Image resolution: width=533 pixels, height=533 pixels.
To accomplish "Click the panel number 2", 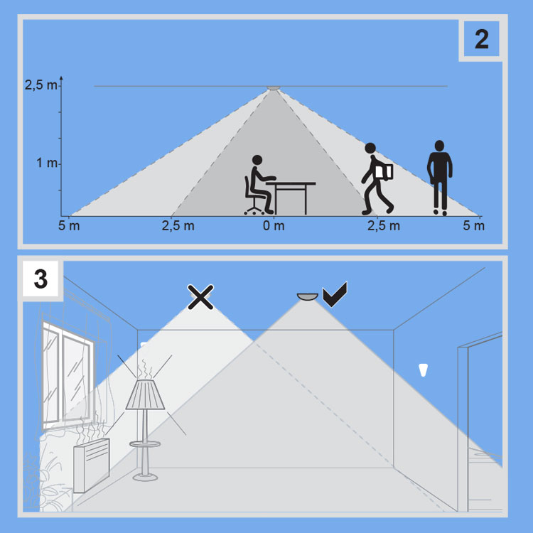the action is (x=482, y=39).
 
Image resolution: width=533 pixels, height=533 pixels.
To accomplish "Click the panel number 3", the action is (x=41, y=279).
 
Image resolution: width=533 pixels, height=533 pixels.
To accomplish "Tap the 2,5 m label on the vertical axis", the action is (x=41, y=85).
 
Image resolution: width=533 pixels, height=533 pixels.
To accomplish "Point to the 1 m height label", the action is (x=47, y=163).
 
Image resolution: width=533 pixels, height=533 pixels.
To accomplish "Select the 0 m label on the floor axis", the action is (x=274, y=226).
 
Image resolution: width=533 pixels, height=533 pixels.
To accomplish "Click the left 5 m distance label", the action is (x=69, y=226).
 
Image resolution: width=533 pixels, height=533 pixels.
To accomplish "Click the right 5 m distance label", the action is (x=474, y=226).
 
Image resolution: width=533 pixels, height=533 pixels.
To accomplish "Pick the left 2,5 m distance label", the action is (x=178, y=226).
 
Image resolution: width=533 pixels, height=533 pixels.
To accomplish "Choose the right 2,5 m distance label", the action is (x=384, y=226).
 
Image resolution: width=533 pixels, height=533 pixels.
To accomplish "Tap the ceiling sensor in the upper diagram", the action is (x=274, y=88).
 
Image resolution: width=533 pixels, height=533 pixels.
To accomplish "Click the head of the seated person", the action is (x=257, y=160).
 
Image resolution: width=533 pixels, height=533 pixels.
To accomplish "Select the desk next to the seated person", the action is (x=291, y=198).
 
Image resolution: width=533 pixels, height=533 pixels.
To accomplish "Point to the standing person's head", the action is (x=439, y=146).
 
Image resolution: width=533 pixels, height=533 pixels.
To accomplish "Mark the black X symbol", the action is (x=200, y=297).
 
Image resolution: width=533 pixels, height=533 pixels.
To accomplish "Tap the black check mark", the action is (x=335, y=294).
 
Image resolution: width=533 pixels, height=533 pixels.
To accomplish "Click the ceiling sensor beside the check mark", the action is (x=308, y=297).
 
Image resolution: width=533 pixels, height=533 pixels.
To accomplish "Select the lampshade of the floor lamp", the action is (x=145, y=394).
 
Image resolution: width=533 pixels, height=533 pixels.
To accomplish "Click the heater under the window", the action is (x=92, y=465).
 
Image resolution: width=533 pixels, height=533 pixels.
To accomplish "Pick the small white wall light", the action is (x=424, y=370).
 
